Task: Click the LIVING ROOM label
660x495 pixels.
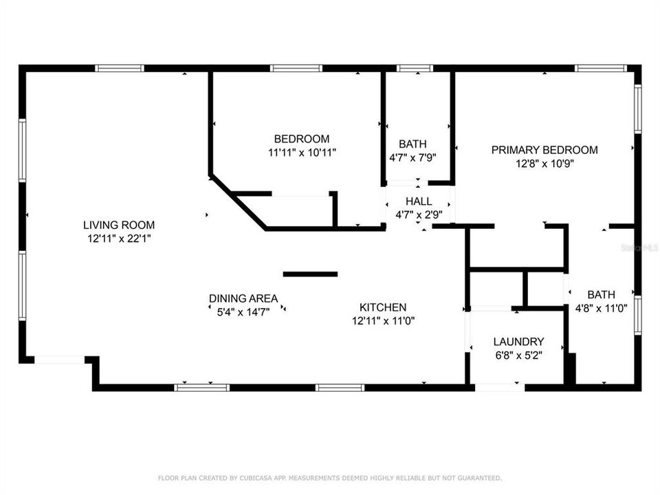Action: (x=119, y=225)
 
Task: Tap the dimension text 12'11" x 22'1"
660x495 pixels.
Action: (x=119, y=238)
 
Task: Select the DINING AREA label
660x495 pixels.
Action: (x=243, y=298)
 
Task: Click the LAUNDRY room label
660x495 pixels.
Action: (x=518, y=342)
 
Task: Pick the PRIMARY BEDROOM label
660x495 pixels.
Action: (x=544, y=150)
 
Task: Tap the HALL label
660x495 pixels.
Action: (x=419, y=201)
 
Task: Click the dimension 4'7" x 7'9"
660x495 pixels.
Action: (x=412, y=157)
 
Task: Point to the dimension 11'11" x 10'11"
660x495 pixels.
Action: (x=302, y=152)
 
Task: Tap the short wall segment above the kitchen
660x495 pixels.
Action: (x=310, y=274)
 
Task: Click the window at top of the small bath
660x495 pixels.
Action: (x=415, y=68)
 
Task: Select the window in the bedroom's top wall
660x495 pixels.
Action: (x=296, y=68)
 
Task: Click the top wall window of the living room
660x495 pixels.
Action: (x=119, y=68)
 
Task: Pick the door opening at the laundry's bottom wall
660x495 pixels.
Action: (x=499, y=387)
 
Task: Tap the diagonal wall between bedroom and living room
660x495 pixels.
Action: (x=238, y=201)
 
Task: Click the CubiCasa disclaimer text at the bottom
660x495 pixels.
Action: (x=330, y=477)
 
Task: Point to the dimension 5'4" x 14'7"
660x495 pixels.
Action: (x=243, y=311)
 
